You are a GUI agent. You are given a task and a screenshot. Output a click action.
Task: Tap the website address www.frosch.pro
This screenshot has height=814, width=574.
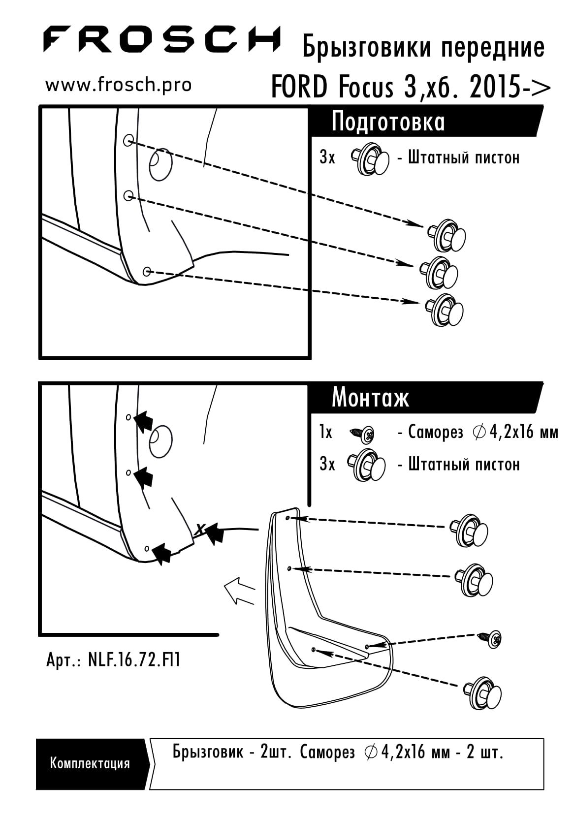point(119,85)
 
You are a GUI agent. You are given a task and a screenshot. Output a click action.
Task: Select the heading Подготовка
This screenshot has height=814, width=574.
point(388,122)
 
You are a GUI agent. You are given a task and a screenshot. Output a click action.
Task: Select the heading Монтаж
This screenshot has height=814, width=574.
point(370,397)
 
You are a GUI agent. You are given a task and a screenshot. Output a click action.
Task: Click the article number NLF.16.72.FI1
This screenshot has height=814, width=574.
point(133,660)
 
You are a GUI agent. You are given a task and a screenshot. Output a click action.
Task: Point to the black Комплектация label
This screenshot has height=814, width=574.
point(90,764)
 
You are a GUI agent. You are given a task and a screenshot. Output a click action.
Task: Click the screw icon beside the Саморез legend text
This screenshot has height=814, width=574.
point(362,433)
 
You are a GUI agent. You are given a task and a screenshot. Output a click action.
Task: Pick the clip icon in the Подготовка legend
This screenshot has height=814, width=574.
point(370,159)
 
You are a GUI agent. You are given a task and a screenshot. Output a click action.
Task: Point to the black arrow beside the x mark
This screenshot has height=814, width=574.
point(214,532)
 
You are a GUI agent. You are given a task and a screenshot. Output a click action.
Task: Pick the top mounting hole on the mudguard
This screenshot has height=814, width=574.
point(288,518)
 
